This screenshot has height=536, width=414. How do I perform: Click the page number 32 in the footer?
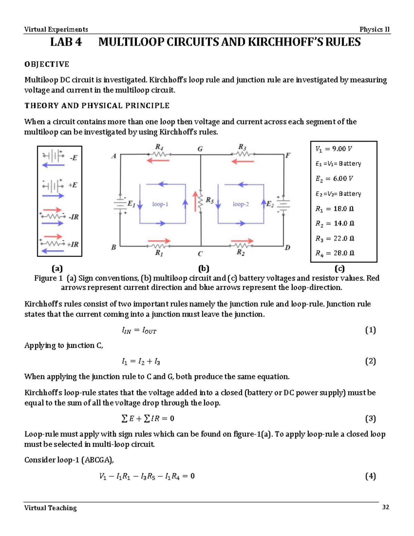coord(385,507)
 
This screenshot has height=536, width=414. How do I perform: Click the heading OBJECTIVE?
coord(47,64)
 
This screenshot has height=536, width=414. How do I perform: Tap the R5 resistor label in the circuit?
coord(210,200)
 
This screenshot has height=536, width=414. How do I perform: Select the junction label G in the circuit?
coord(200,149)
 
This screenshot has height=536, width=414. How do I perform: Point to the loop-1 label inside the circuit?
coord(160,204)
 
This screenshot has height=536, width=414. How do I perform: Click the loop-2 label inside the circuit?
coord(240,204)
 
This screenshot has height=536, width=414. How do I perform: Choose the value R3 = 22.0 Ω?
coord(335,238)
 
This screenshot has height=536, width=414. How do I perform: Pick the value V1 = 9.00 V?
coord(334,149)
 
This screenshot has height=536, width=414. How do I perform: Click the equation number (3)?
coord(370,419)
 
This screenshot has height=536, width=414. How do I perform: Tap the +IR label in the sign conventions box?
coord(73,244)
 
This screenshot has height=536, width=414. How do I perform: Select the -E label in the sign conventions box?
coord(73,158)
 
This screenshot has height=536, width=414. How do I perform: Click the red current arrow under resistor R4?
coord(158,160)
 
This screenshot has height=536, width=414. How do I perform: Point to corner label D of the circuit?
coord(287,247)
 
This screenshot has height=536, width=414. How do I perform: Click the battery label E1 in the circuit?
coord(131,204)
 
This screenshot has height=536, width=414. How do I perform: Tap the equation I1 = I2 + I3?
coord(141,362)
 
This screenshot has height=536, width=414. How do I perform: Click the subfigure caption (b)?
coord(204,269)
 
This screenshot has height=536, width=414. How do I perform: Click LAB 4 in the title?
coord(66,42)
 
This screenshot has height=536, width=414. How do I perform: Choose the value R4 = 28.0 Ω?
coord(335,253)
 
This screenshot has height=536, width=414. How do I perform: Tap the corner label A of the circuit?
coord(114,156)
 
